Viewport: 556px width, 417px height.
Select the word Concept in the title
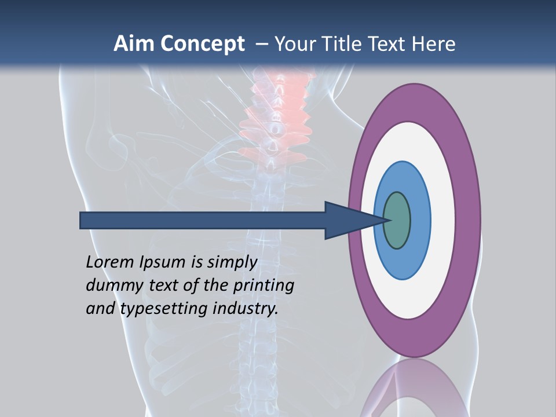point(203,45)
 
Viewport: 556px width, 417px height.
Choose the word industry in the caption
point(246,309)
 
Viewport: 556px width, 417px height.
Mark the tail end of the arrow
point(81,220)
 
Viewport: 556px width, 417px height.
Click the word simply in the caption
point(232,262)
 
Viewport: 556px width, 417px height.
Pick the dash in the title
point(261,44)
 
